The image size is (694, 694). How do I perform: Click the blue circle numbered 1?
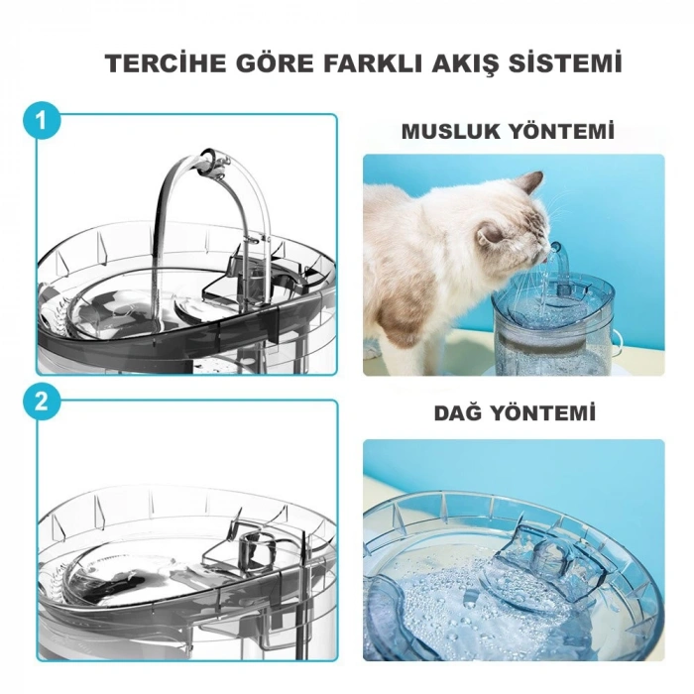tap(41, 121)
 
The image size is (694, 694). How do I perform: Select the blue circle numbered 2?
tap(41, 403)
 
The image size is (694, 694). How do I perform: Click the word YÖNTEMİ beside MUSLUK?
tap(568, 131)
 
